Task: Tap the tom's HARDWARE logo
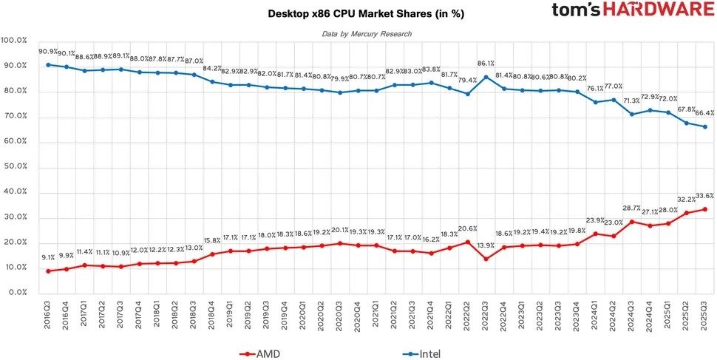[631, 11]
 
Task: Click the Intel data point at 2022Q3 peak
[485, 76]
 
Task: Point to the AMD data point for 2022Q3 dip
[485, 259]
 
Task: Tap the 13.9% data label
[485, 245]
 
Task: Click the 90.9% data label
[49, 51]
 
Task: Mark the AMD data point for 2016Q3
[49, 271]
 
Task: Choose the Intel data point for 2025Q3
[703, 126]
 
